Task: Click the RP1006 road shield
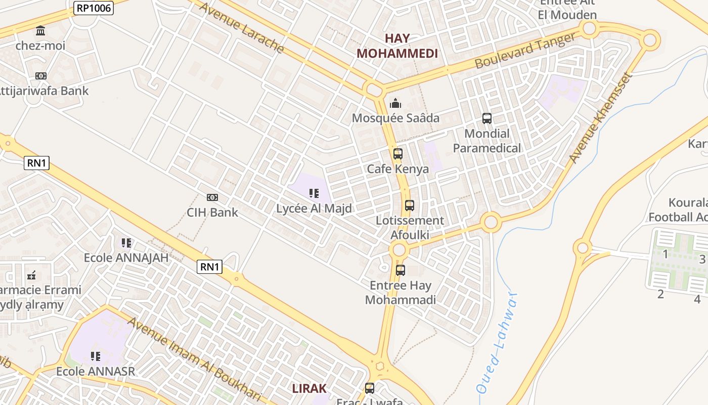[x=94, y=8]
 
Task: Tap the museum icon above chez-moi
[x=40, y=30]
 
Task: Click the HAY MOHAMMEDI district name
[x=397, y=46]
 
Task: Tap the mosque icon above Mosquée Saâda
[x=395, y=104]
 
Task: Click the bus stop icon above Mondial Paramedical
[x=487, y=118]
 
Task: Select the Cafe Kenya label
[x=398, y=169]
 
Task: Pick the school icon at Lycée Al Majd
[x=314, y=193]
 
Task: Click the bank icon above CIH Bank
[x=212, y=197]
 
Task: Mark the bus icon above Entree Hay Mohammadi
[x=401, y=270]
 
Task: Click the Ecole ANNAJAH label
[x=126, y=258]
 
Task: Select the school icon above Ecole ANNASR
[x=96, y=356]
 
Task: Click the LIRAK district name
[x=309, y=388]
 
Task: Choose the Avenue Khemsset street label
[x=601, y=118]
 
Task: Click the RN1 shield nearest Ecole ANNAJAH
[x=209, y=267]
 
